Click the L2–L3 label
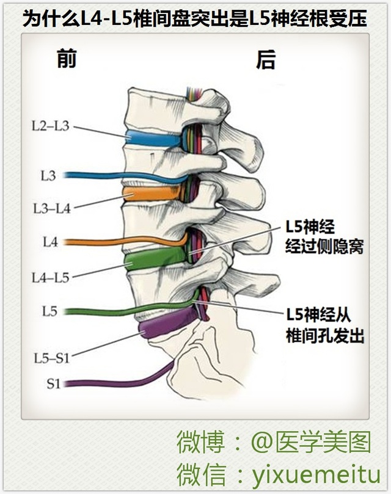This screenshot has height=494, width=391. coord(51,127)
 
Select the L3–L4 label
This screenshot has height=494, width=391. coord(51,208)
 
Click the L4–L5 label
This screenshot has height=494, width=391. coord(51,278)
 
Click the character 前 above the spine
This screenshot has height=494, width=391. coord(67,59)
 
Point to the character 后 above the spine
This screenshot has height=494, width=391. coord(266,59)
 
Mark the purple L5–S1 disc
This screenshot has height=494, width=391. coord(168,324)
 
